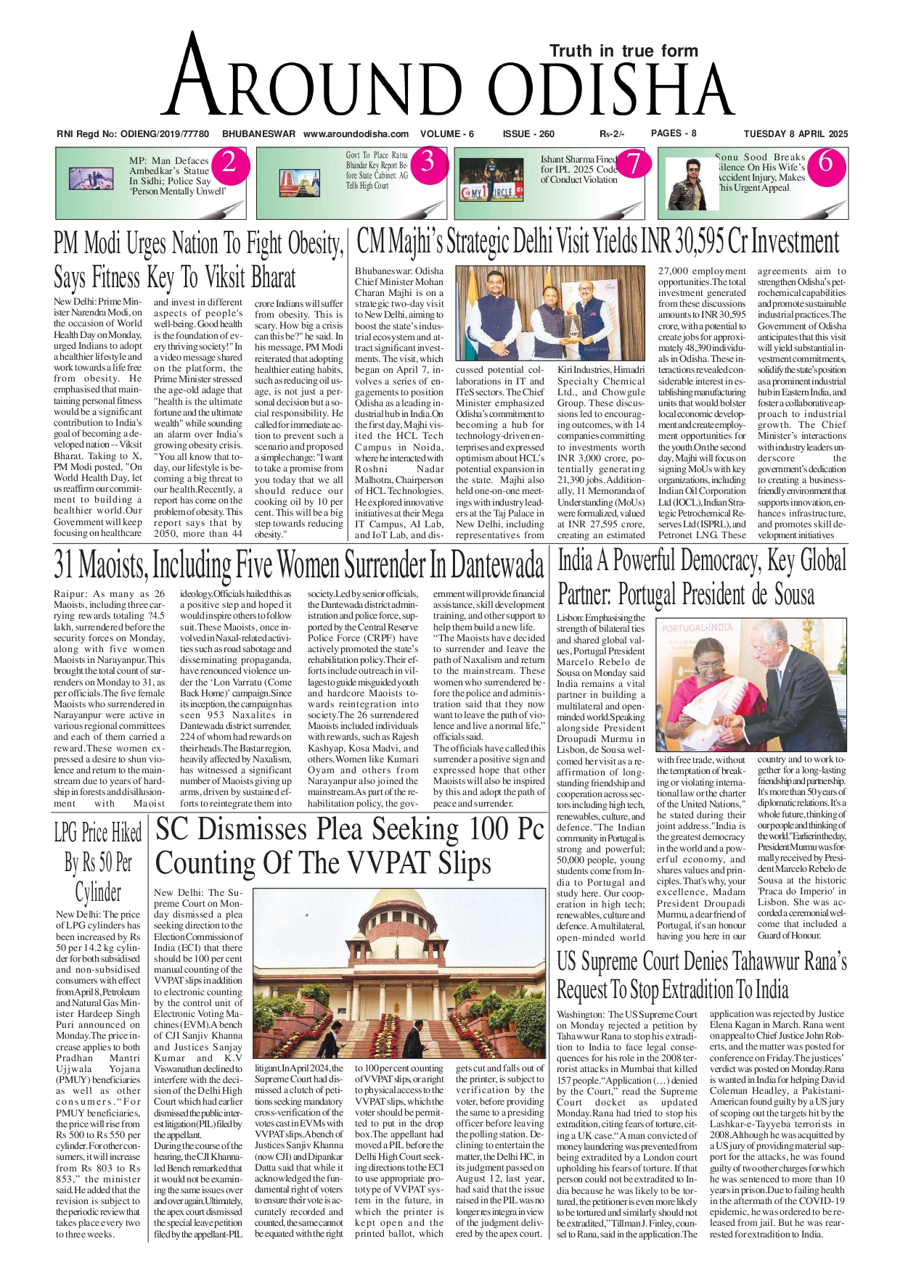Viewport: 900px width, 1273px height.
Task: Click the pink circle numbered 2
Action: (229, 162)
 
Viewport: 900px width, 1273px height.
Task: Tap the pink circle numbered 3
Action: (427, 162)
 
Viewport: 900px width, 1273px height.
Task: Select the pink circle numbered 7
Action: (634, 162)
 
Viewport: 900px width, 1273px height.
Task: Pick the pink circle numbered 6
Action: (825, 162)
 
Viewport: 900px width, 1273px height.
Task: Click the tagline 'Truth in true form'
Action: (623, 51)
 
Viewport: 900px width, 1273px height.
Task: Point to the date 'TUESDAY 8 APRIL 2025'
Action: (795, 134)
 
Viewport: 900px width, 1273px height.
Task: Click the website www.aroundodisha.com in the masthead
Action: (356, 134)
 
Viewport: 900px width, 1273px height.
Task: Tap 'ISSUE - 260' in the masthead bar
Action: (528, 134)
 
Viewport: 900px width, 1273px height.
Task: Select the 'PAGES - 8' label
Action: (674, 133)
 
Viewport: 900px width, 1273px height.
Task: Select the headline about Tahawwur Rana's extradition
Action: (701, 976)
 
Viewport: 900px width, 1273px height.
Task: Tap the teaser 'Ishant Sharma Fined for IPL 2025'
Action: (578, 169)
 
